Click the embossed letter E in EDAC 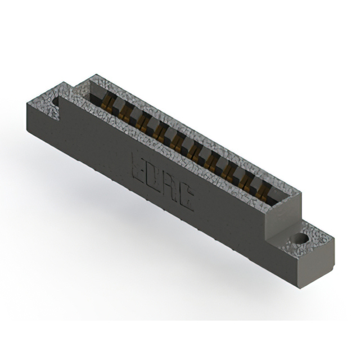[x=138, y=165]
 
